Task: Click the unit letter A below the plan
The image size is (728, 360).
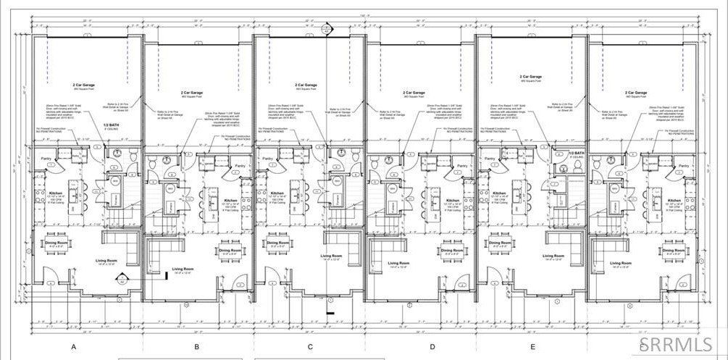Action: pyautogui.click(x=73, y=347)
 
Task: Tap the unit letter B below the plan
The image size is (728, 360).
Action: pyautogui.click(x=196, y=347)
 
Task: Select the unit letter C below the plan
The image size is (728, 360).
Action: pyautogui.click(x=310, y=347)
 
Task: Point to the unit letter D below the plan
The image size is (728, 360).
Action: pyautogui.click(x=432, y=347)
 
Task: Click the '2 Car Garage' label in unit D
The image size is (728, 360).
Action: pyautogui.click(x=414, y=93)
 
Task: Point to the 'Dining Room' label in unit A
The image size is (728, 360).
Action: pyautogui.click(x=52, y=242)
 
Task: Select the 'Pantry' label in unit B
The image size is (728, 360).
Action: pyautogui.click(x=240, y=166)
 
